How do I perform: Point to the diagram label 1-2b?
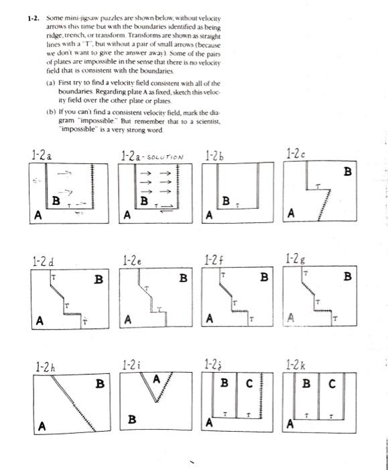[x=216, y=156]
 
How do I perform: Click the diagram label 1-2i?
[x=131, y=366]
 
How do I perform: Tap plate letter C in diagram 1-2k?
[x=331, y=385]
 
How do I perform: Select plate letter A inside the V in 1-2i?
[x=157, y=380]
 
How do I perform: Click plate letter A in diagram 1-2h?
[x=44, y=425]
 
